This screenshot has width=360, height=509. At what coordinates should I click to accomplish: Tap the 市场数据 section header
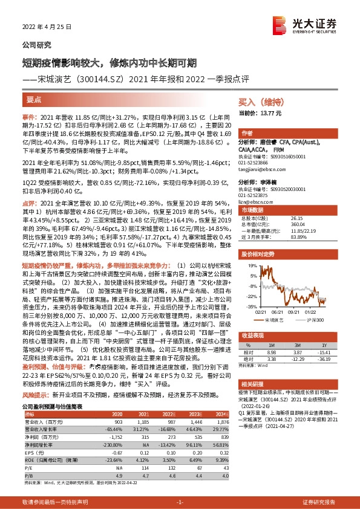pyautogui.click(x=250, y=210)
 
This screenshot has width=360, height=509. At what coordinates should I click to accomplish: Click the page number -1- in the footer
pyautogui.click(x=180, y=502)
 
